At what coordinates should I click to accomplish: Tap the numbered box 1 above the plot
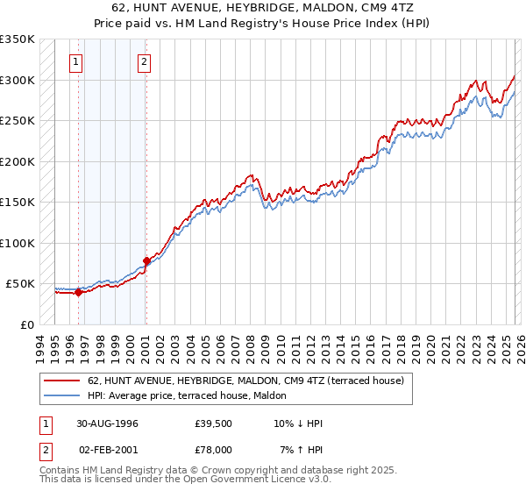pyautogui.click(x=77, y=62)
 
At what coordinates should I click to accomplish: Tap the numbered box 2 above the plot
pyautogui.click(x=144, y=62)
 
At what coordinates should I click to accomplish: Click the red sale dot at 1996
pyautogui.click(x=78, y=293)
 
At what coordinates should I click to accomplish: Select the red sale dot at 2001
pyautogui.click(x=146, y=260)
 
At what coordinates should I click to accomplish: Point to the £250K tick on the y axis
pyautogui.click(x=18, y=121)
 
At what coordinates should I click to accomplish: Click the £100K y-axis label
pyautogui.click(x=18, y=243)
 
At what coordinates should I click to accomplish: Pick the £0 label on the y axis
pyautogui.click(x=26, y=324)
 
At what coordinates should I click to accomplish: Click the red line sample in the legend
pyautogui.click(x=62, y=381)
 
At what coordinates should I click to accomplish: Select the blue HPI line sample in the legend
pyautogui.click(x=62, y=395)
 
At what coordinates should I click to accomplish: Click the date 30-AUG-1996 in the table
pyautogui.click(x=106, y=423)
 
